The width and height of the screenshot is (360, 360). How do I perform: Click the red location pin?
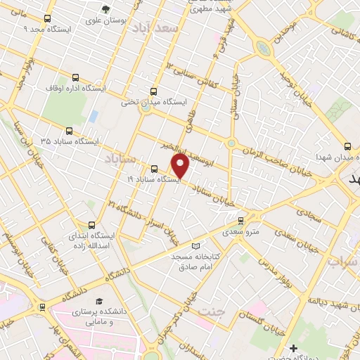pos(181,167)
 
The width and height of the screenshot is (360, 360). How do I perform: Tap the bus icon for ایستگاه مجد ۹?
pos(47,20)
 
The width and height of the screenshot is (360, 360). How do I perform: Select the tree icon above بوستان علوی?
pos(105,10)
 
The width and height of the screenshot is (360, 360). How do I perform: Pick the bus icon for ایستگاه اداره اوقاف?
pos(75,78)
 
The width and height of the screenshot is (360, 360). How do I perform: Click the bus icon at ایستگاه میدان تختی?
pos(153,91)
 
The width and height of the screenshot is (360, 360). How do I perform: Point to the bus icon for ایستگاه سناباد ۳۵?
pos(69,131)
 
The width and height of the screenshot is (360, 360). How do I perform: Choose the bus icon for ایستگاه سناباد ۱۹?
pos(155,169)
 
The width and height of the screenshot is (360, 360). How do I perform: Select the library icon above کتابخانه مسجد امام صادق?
pos(195,246)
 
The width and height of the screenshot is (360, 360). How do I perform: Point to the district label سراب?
pos(342,262)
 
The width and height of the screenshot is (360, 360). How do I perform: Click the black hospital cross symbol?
pos(293,348)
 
